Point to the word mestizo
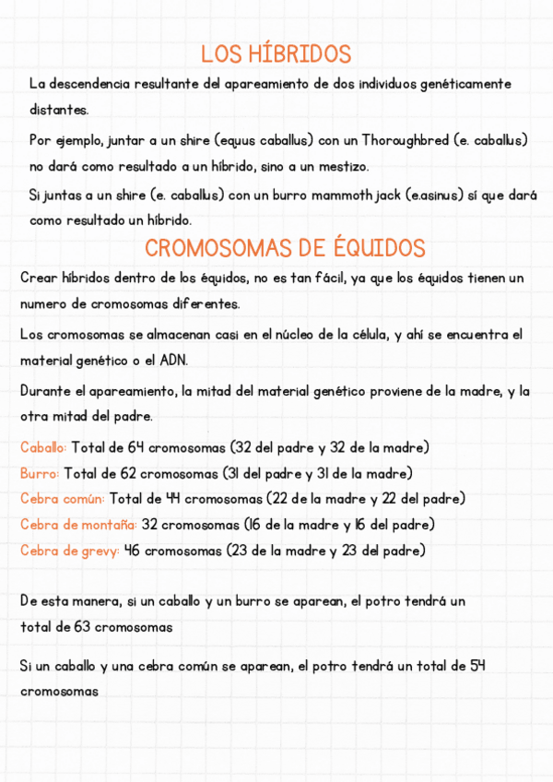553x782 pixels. (x=340, y=167)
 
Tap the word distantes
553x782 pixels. (x=59, y=110)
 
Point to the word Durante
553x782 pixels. (x=48, y=391)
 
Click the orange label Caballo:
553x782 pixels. (x=43, y=448)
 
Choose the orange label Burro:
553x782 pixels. (x=40, y=474)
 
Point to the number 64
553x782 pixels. (x=135, y=448)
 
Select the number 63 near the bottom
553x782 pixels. (x=78, y=627)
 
